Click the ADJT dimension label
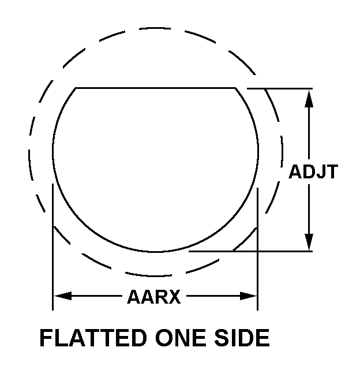(313, 172)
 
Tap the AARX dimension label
(154, 297)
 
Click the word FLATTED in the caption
(93, 338)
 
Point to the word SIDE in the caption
(242, 338)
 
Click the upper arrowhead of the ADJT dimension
(309, 98)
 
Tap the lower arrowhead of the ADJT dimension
(309, 242)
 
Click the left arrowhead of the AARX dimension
(63, 296)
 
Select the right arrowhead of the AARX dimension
(248, 296)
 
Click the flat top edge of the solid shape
(155, 88)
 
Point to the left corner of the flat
(76, 88)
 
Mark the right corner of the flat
(235, 88)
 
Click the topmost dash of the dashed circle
(155, 28)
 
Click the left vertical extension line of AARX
(52, 247)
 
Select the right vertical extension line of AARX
(257, 249)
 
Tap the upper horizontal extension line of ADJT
(280, 88)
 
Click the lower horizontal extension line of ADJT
(250, 251)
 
